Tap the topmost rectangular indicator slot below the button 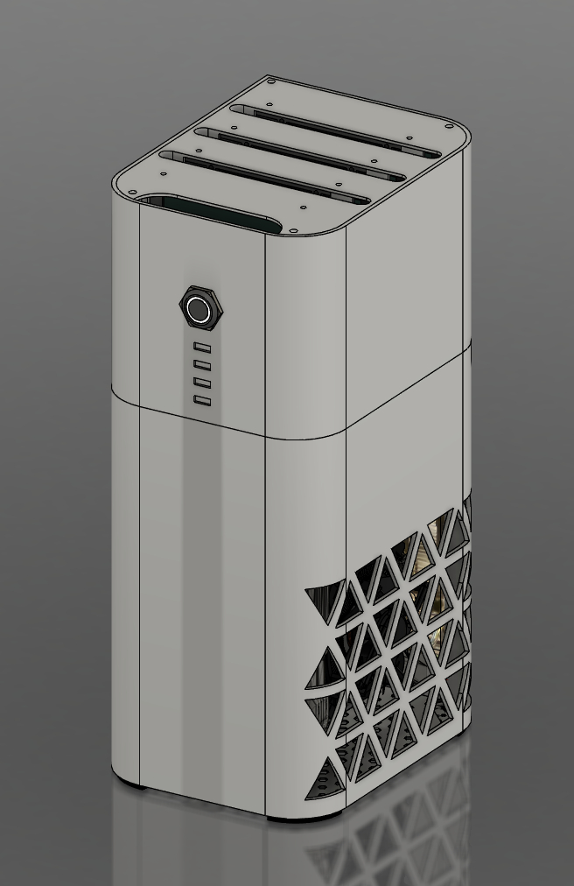pyautogui.click(x=202, y=347)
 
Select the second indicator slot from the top pyautogui.click(x=202, y=365)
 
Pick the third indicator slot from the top pyautogui.click(x=202, y=383)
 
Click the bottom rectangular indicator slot pyautogui.click(x=202, y=401)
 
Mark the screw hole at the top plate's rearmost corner pyautogui.click(x=271, y=81)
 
